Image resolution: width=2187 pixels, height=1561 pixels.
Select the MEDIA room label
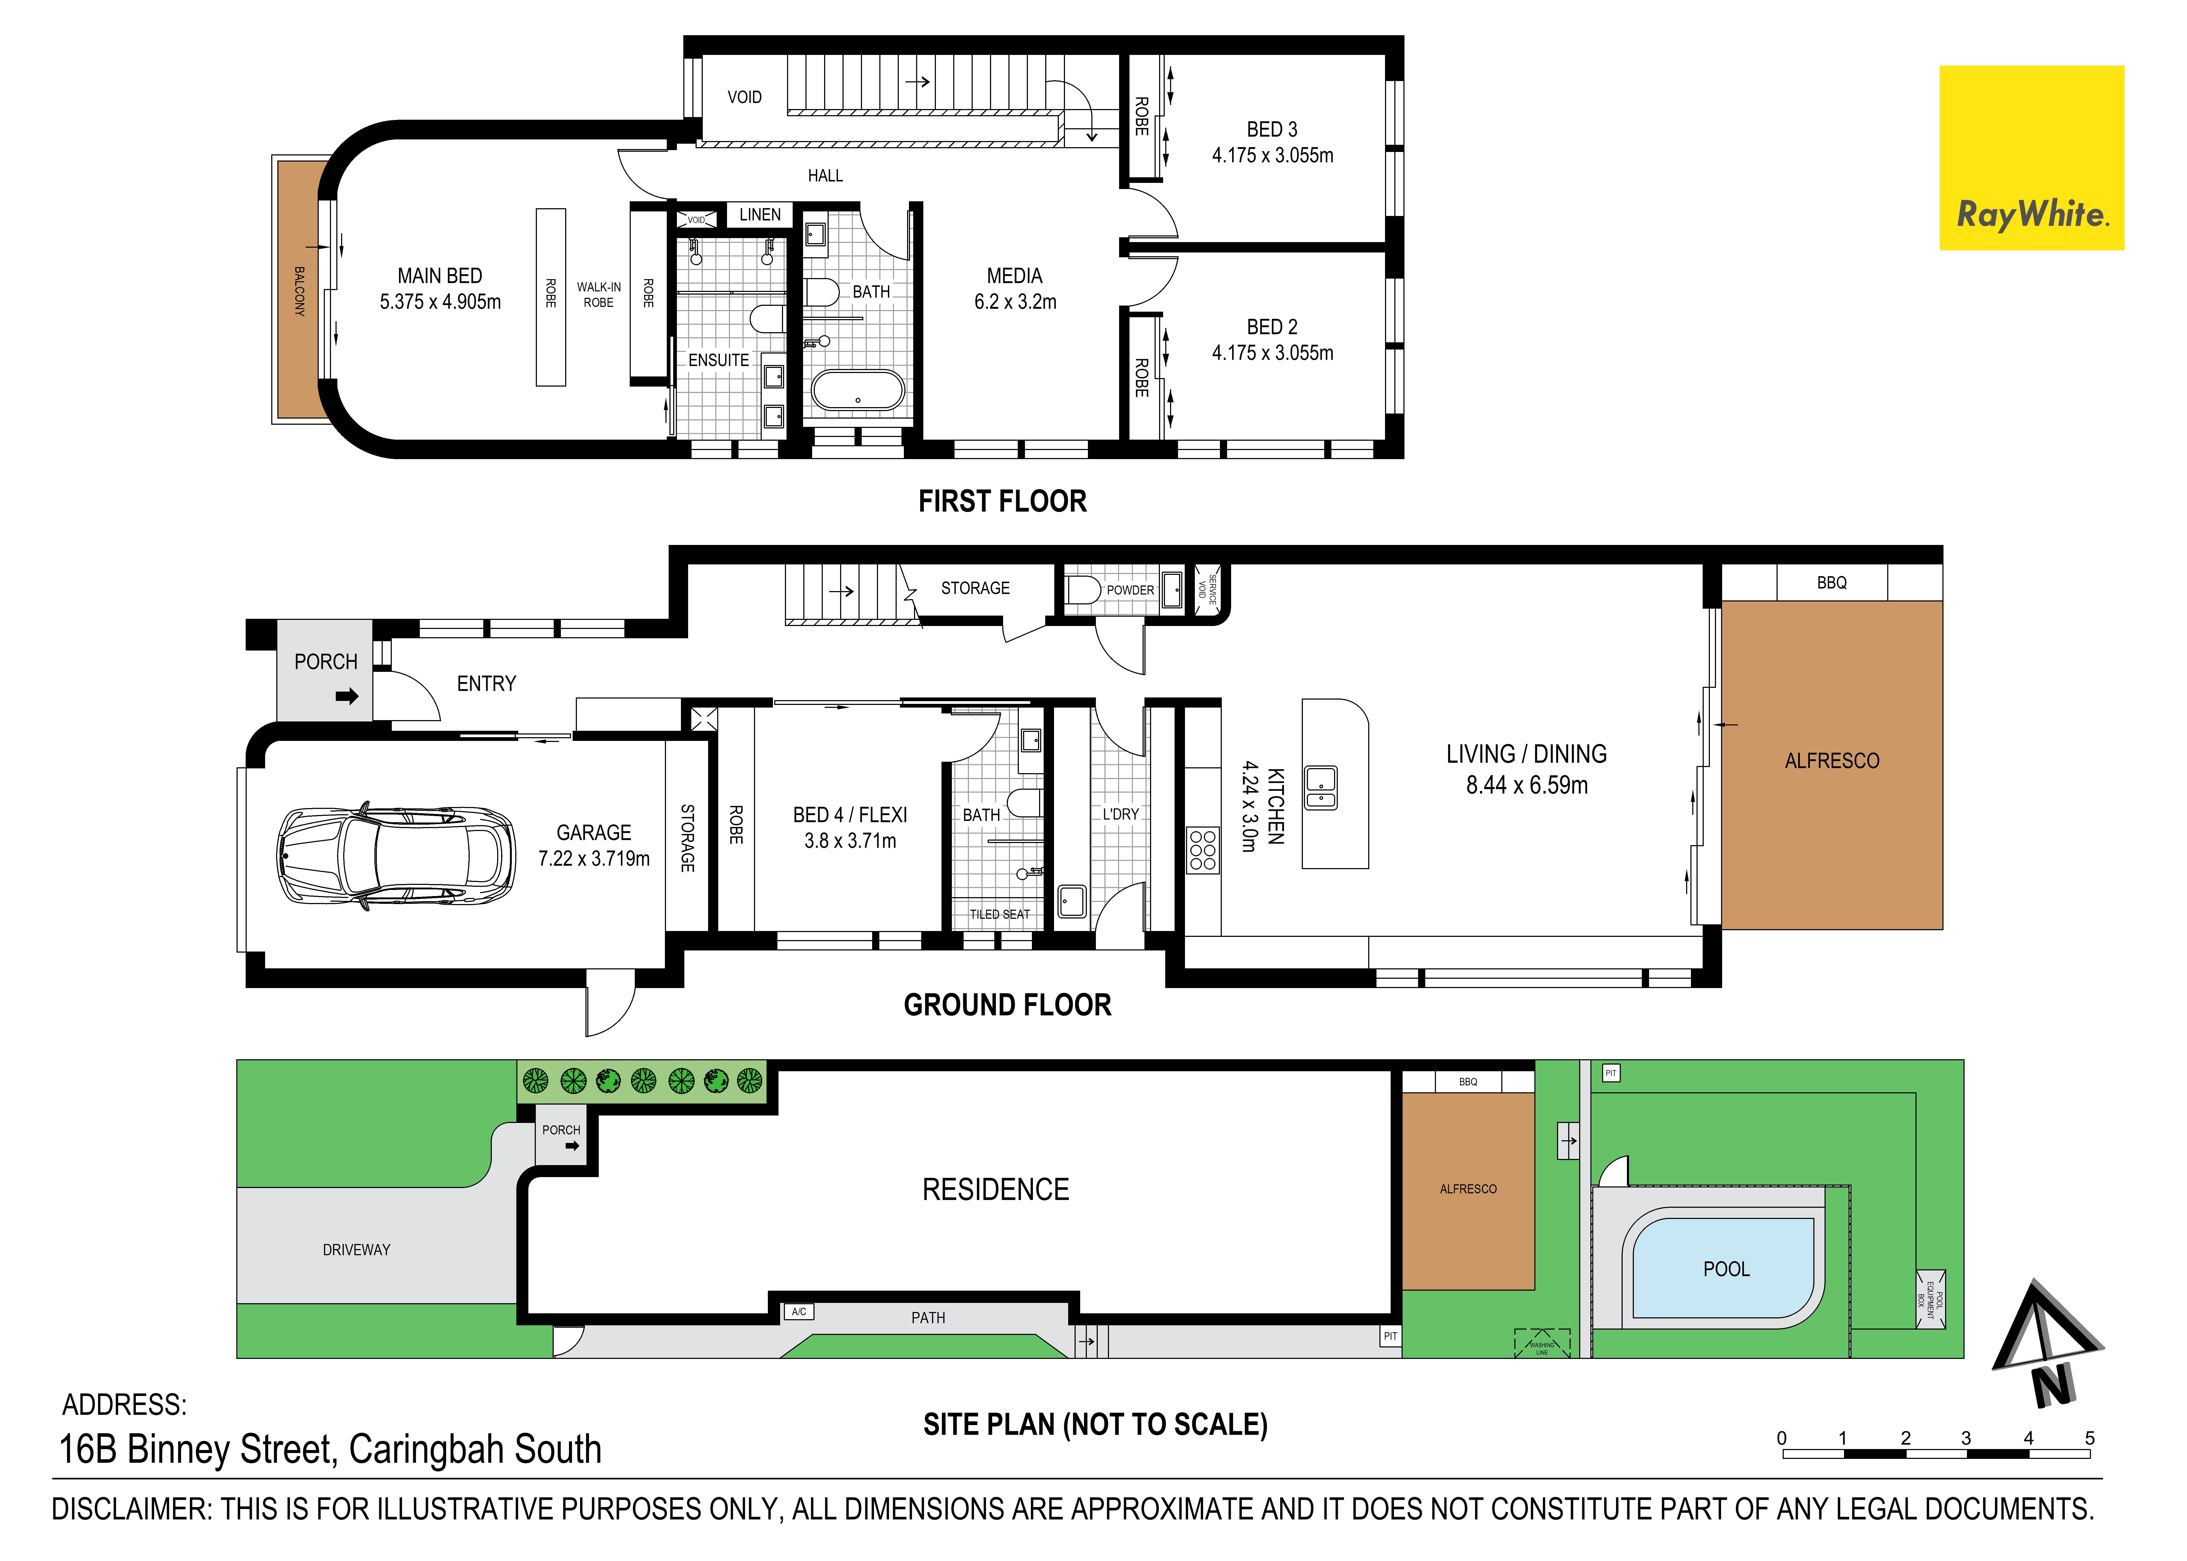(1014, 276)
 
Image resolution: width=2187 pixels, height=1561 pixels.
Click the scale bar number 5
(2089, 1438)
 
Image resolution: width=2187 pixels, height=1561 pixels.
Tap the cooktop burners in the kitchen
(1203, 851)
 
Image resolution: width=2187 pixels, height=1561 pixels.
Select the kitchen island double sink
(1321, 788)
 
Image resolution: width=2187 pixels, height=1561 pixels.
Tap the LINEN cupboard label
(759, 214)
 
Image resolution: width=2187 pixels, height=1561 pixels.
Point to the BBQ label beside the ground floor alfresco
(1831, 583)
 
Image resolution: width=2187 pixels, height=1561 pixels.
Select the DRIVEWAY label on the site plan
(357, 1250)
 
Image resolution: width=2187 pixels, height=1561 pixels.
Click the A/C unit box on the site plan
(799, 1311)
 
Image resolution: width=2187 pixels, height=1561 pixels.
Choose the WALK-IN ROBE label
(599, 294)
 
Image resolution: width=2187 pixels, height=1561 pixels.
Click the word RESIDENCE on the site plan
(996, 1190)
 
